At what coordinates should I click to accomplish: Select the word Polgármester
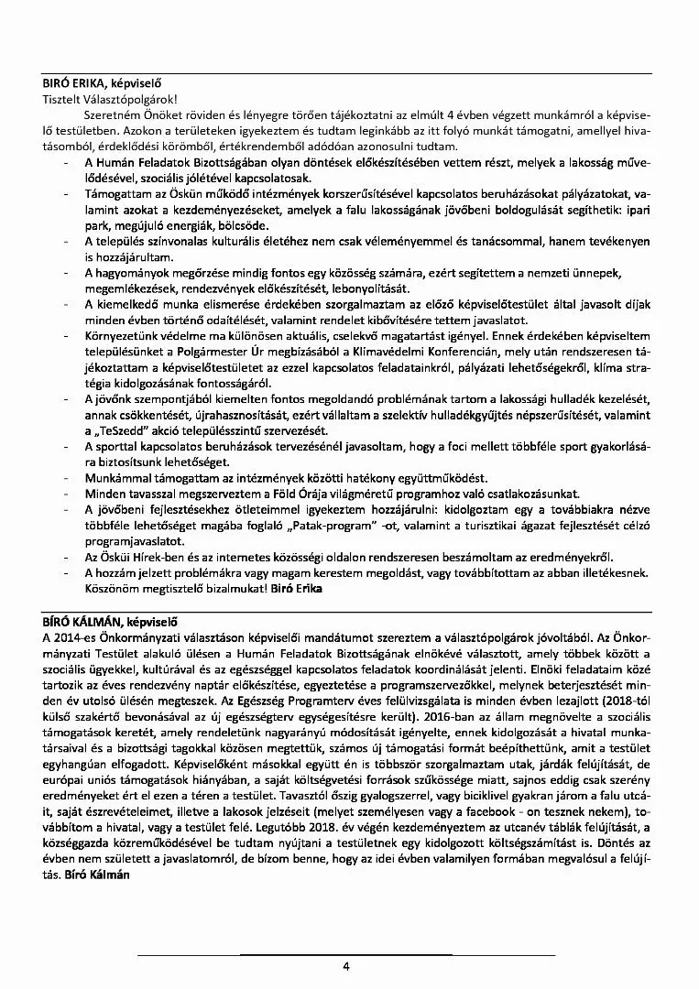click(261, 353)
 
